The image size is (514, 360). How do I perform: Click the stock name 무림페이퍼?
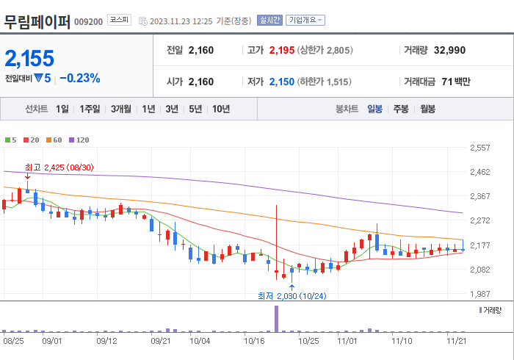(37, 21)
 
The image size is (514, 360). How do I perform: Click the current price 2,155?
(30, 58)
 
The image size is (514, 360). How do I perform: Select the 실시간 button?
(270, 21)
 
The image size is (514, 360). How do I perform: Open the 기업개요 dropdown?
(305, 21)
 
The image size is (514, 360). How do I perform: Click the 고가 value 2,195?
(281, 51)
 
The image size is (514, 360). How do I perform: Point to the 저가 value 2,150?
(281, 82)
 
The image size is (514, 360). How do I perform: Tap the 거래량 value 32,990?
(449, 51)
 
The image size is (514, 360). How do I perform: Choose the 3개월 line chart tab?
(121, 109)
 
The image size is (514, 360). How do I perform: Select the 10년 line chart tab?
(220, 109)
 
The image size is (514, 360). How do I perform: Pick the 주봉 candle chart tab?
(400, 109)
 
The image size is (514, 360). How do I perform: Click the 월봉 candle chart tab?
(427, 109)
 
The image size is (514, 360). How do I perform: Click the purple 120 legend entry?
(79, 140)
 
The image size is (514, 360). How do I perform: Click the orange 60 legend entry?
(54, 140)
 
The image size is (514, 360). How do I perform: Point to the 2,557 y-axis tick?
(479, 148)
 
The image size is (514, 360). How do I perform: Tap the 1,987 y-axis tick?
(479, 294)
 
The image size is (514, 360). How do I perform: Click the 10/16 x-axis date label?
(254, 341)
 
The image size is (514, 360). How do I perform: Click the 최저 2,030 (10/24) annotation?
(291, 295)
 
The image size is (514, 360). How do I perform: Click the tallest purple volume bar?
(277, 317)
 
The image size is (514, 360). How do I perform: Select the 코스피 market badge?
(119, 21)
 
